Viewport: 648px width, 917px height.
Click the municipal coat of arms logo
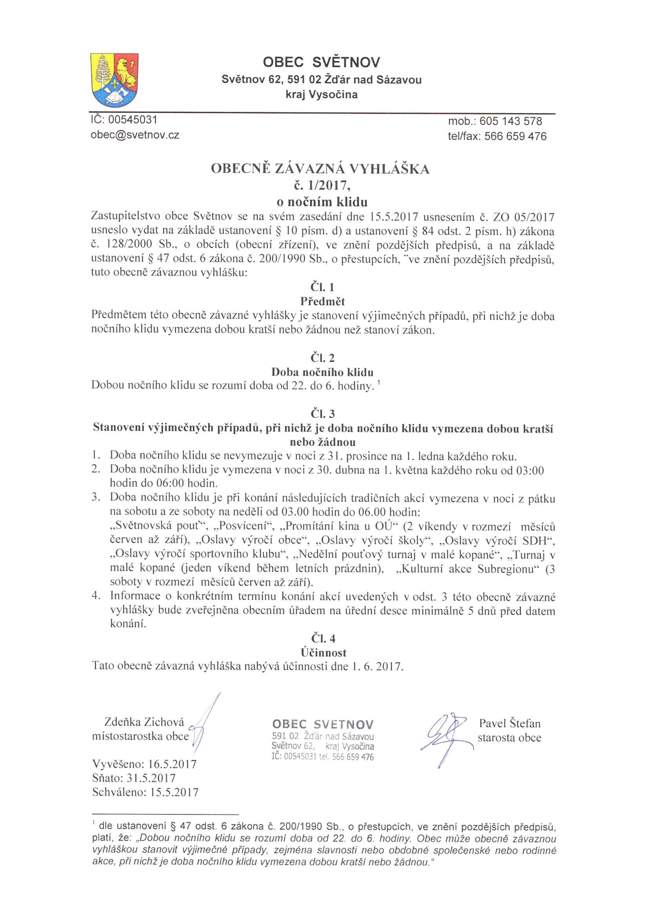tap(114, 80)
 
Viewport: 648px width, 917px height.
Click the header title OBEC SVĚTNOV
tap(321, 62)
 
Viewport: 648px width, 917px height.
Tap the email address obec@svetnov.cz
tap(135, 135)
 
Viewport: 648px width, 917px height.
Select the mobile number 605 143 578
tap(511, 122)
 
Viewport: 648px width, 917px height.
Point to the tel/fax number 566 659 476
tap(515, 136)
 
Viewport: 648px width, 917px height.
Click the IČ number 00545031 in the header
tap(133, 120)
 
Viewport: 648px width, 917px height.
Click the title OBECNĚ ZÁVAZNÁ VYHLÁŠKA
tap(320, 169)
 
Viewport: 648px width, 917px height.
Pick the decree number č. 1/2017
tap(322, 185)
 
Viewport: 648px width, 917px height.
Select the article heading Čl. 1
tap(322, 287)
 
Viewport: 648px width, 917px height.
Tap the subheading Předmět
tap(322, 301)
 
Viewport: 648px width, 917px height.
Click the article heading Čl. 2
tap(322, 358)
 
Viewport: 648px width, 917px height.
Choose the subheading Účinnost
tap(323, 653)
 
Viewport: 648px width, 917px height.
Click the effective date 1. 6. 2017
tap(377, 667)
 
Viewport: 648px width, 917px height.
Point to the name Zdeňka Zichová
tap(144, 722)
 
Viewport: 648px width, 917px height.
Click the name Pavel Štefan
tap(510, 723)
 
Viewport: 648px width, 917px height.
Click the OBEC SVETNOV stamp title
tap(323, 724)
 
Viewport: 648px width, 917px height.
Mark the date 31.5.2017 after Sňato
tap(151, 778)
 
